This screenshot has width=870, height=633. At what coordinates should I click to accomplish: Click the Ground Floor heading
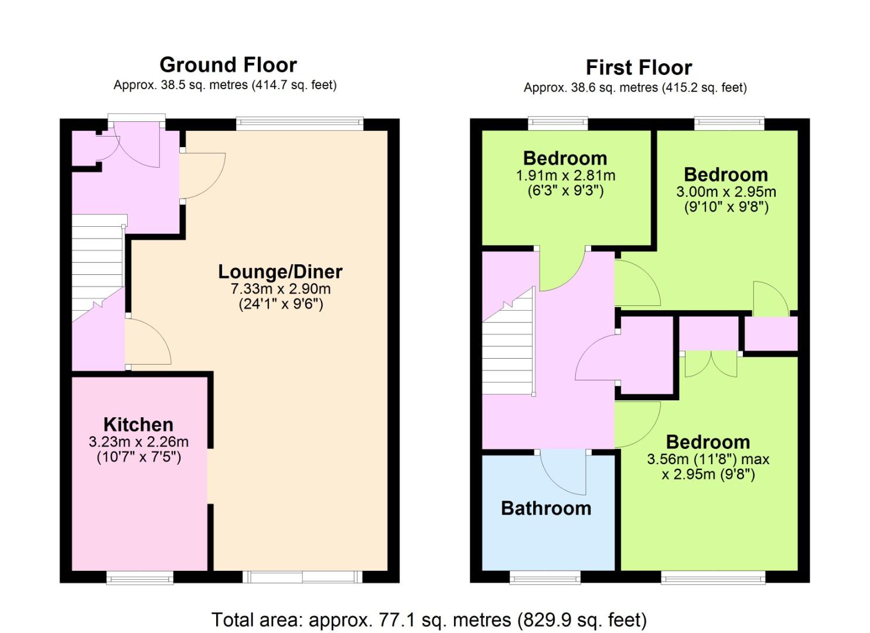pos(228,65)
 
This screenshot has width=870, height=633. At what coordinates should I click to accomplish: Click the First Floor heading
pos(639,67)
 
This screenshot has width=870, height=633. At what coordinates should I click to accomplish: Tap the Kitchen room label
pos(138,425)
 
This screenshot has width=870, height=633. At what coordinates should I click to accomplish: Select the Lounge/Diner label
pos(280,271)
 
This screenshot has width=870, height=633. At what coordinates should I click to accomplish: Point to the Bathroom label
pos(546,508)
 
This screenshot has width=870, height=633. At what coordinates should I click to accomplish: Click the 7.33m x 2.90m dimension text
pos(281,289)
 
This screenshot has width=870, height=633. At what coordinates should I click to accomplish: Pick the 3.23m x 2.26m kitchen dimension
pos(139,442)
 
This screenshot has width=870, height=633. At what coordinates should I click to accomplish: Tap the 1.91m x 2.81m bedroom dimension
pos(565,176)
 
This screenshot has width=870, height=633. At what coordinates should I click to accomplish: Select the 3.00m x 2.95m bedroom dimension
pos(726,192)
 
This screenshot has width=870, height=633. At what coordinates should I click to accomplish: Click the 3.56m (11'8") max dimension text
pos(708,460)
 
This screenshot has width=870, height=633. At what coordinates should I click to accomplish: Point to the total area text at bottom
pos(429,620)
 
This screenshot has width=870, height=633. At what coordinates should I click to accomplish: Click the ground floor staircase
pos(98,268)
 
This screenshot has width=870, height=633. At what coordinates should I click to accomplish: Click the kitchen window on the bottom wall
pos(140,578)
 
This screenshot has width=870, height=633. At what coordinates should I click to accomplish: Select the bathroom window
pos(545,578)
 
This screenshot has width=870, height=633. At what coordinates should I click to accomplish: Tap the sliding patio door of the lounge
pos(302,577)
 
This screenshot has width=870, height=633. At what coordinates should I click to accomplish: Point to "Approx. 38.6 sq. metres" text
pos(591,88)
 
